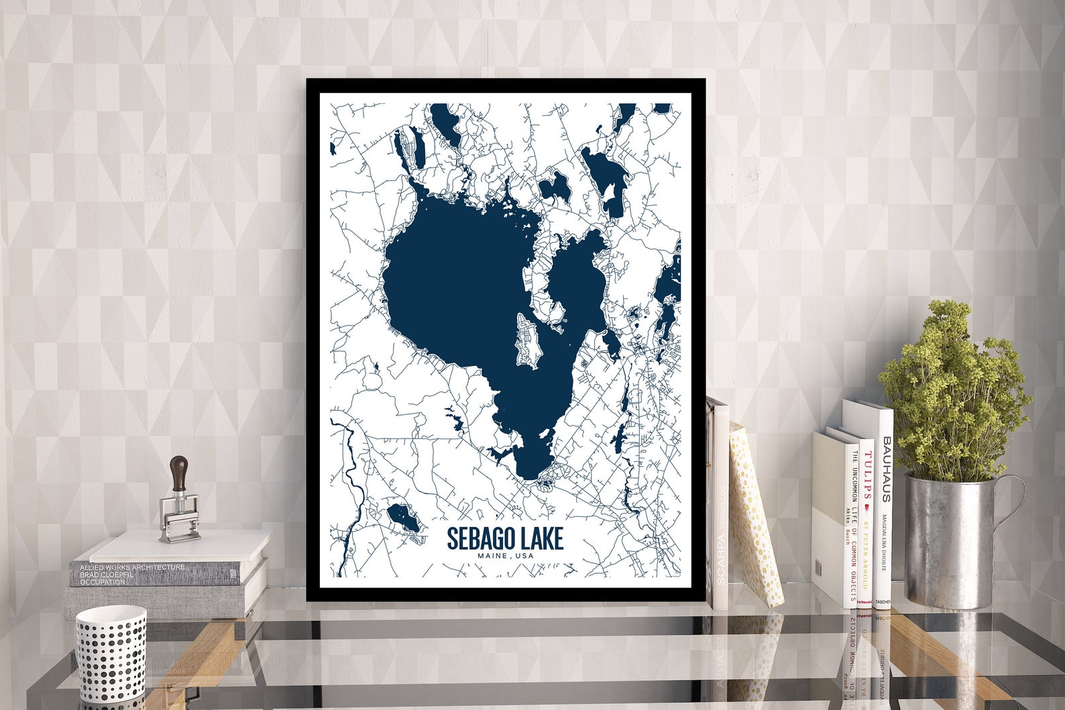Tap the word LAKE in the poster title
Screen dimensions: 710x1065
[x=540, y=538]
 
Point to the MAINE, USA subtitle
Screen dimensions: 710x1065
[x=505, y=556]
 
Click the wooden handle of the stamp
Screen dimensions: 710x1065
[x=179, y=473]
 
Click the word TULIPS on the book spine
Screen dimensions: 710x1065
[x=867, y=477]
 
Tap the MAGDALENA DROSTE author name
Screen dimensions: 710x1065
[x=885, y=543]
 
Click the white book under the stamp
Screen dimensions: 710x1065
[x=181, y=546]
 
